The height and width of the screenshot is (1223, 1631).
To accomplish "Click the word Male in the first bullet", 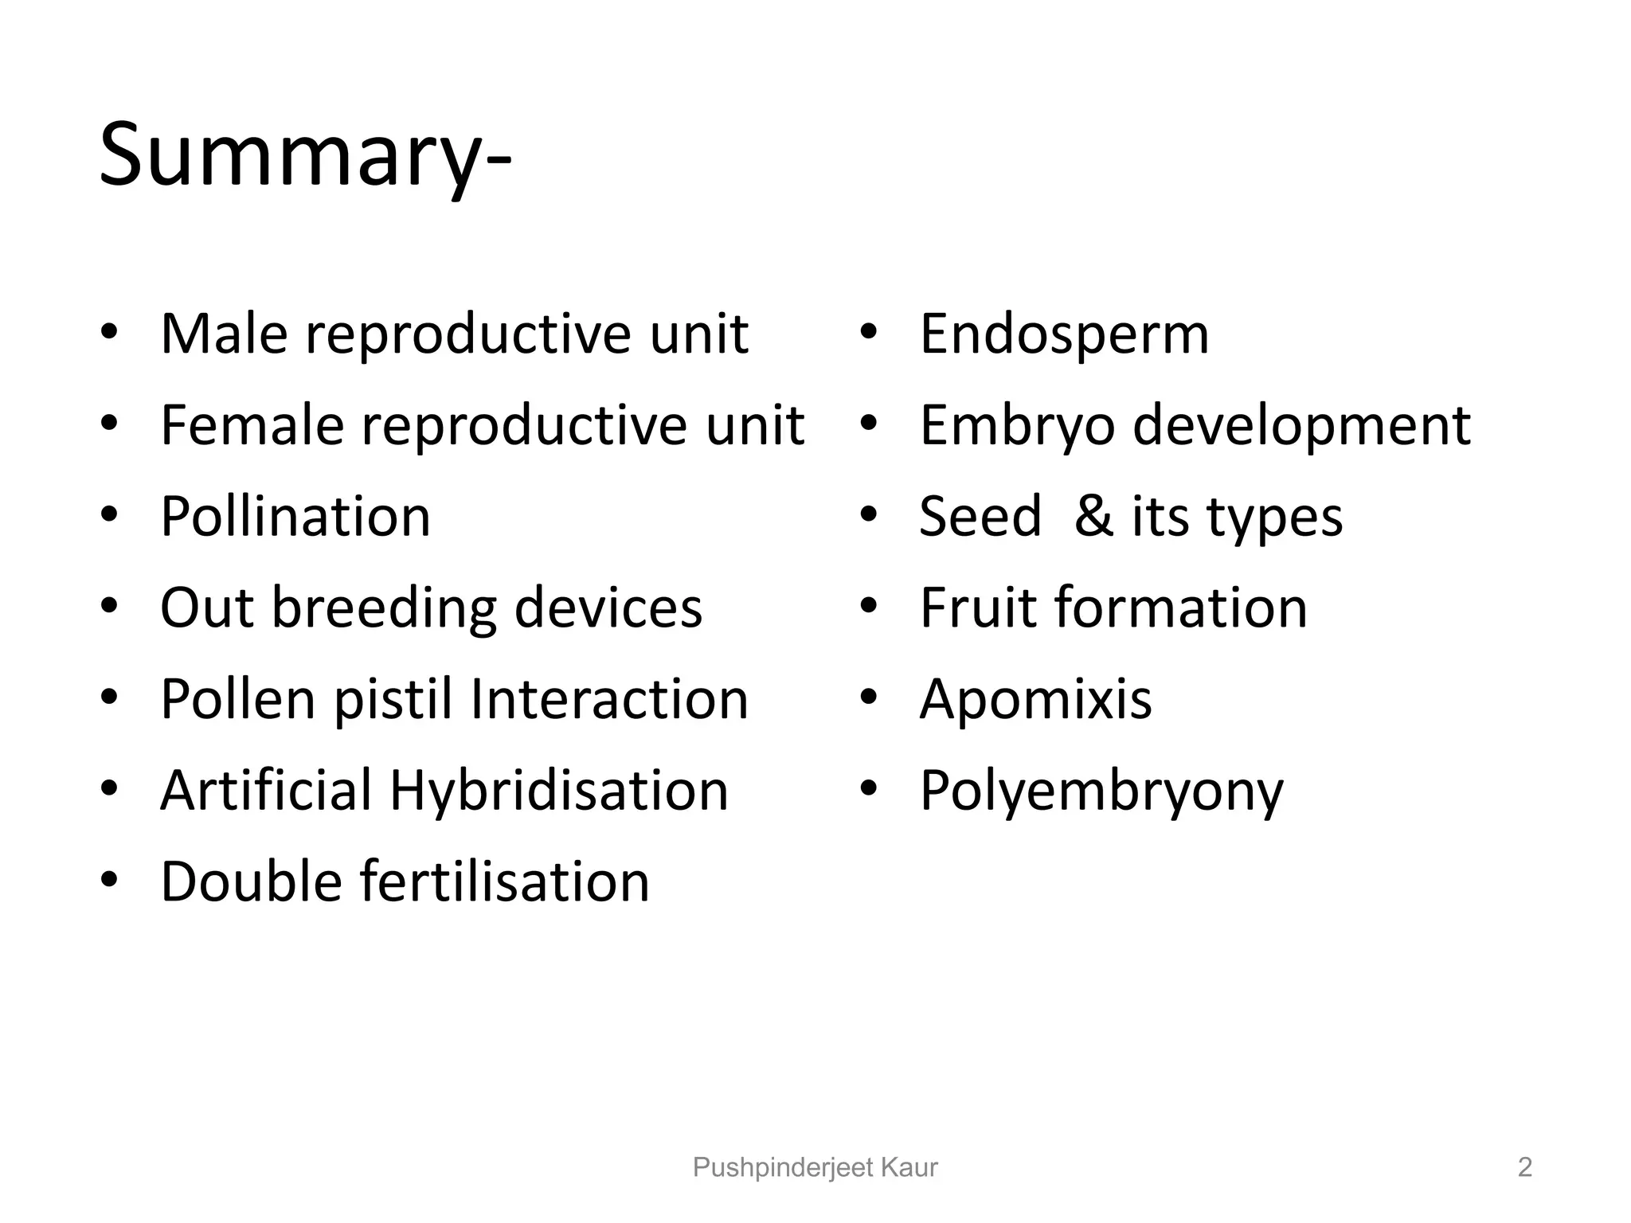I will [x=224, y=334].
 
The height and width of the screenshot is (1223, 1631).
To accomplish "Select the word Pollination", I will [x=295, y=517].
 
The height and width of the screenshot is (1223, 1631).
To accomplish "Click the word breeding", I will [x=385, y=608].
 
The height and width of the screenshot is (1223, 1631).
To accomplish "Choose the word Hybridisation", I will [x=559, y=791].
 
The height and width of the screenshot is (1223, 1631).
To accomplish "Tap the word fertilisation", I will [x=505, y=882].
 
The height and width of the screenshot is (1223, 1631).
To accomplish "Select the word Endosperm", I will [x=1064, y=334].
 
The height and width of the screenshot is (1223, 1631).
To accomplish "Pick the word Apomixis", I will [x=1035, y=700].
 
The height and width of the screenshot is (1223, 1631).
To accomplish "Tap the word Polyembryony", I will [x=1101, y=791].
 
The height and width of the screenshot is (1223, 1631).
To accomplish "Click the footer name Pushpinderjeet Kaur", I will [x=815, y=1167].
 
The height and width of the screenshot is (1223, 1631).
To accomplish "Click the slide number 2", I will [x=1524, y=1167].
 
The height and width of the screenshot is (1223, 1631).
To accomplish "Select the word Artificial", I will [x=266, y=791].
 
